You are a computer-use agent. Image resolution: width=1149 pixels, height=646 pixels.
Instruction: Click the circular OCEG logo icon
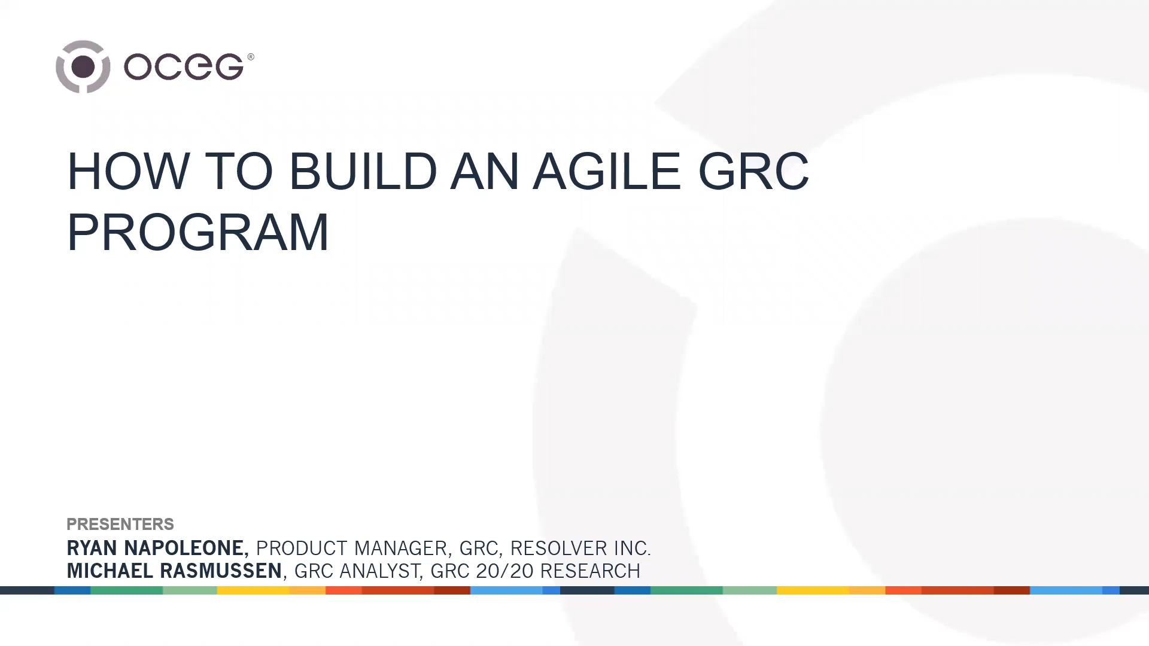click(x=83, y=66)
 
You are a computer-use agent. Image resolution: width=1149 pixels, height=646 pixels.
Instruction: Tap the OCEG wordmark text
click(x=184, y=66)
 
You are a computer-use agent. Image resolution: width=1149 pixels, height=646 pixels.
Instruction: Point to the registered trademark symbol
click(x=250, y=57)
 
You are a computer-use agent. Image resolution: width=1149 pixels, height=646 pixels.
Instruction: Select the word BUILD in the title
click(x=363, y=171)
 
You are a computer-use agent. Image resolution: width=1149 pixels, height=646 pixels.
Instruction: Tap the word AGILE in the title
click(x=607, y=171)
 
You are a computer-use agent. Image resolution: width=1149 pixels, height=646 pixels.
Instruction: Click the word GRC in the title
click(x=753, y=171)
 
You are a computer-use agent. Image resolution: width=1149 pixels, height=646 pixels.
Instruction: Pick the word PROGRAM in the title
click(x=198, y=232)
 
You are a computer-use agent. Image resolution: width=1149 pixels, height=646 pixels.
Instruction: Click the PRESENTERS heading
click(x=120, y=524)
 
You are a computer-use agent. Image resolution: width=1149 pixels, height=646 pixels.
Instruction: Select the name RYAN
click(x=93, y=548)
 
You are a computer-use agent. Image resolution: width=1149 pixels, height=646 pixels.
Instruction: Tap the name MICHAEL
click(x=110, y=571)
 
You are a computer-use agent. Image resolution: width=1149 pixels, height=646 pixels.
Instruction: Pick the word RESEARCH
click(x=589, y=571)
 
